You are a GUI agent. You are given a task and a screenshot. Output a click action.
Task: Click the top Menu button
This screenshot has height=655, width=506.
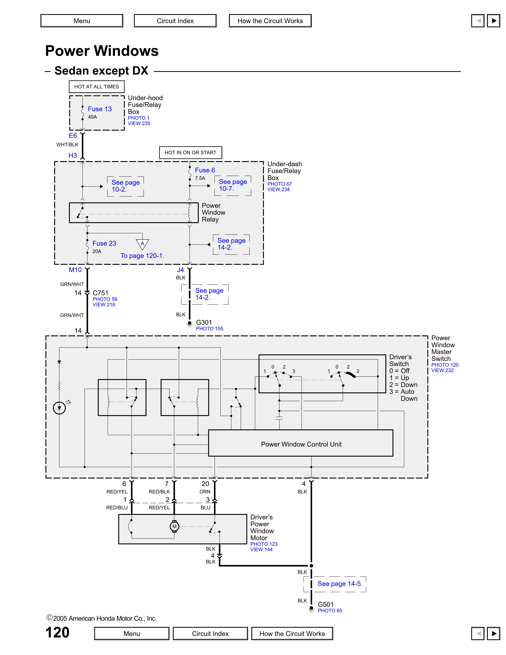(82, 21)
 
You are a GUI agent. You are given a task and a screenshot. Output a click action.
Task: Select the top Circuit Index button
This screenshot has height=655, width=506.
(175, 21)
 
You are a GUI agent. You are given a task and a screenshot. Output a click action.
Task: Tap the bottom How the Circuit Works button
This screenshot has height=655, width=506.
(292, 633)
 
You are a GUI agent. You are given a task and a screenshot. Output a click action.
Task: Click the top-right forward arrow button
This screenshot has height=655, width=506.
(493, 21)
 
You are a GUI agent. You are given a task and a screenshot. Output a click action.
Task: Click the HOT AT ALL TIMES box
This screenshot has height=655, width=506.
(97, 87)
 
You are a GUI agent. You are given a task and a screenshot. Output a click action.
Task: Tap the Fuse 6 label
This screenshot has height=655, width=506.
(205, 170)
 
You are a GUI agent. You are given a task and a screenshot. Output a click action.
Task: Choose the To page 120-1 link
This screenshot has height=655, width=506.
(142, 256)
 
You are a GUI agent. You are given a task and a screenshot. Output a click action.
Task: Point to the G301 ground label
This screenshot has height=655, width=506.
(204, 322)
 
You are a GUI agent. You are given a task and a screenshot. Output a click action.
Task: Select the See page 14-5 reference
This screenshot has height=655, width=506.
(340, 584)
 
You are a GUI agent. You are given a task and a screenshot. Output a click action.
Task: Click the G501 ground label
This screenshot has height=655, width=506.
(326, 604)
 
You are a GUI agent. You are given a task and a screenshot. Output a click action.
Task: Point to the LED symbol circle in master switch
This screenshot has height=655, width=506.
(59, 408)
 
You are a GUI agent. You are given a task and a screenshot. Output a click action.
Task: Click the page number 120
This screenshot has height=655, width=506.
(57, 632)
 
